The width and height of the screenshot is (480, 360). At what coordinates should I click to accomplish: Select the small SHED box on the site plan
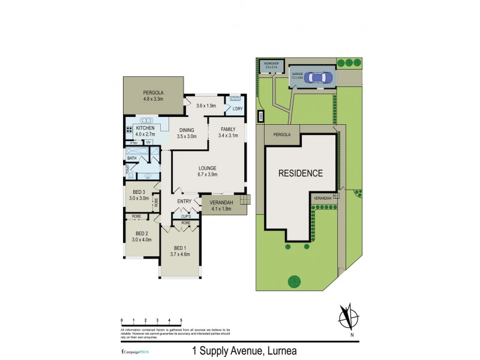point(261,115)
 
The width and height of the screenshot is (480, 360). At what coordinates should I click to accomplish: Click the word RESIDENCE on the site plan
point(300,173)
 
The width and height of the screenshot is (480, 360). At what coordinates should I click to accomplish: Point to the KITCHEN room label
point(145,128)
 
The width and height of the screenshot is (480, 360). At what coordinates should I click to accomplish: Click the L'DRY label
point(237,109)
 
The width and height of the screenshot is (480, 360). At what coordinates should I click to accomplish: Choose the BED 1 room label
point(181,248)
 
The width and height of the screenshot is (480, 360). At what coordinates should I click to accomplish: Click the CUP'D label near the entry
point(186,216)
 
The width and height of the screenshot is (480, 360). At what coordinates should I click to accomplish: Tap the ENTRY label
point(184,202)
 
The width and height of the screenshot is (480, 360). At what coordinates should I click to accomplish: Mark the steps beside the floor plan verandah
point(244,200)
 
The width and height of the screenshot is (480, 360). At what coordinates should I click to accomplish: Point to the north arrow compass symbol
point(346,317)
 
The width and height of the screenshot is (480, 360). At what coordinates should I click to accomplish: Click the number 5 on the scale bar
point(181,321)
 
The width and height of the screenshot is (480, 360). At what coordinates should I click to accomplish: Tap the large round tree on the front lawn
point(295,280)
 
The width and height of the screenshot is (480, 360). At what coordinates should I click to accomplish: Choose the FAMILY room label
point(229,129)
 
